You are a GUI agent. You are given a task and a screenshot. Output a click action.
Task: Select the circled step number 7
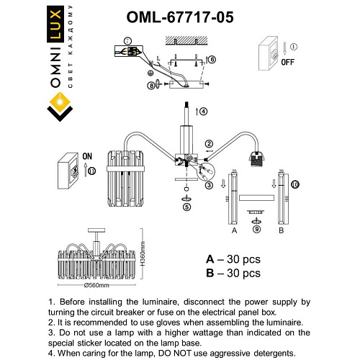(127, 41)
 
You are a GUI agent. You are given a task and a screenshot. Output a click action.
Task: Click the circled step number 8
(150, 85)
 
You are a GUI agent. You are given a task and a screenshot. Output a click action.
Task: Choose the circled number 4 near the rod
(204, 112)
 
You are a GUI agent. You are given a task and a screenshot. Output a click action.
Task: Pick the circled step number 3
(209, 185)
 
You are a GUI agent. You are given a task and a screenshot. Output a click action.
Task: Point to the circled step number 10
(294, 185)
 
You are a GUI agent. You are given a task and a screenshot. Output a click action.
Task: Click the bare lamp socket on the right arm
(255, 159)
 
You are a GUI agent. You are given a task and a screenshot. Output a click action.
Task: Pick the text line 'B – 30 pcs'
(233, 273)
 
